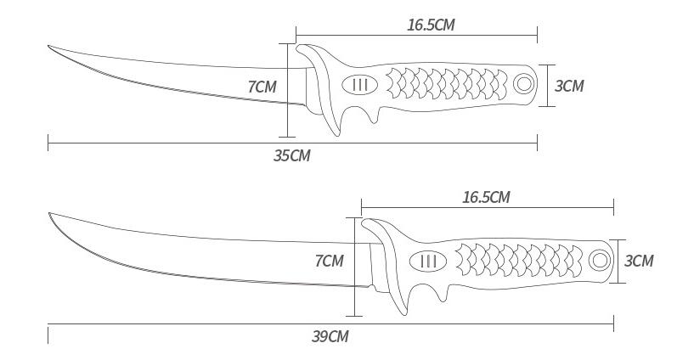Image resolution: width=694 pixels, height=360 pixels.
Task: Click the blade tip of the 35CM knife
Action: coord(48,46)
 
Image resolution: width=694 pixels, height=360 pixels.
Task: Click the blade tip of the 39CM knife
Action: coord(49,213)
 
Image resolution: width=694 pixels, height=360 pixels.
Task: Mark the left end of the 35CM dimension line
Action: coord(48,143)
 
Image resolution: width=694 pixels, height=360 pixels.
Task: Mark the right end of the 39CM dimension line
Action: coord(613,323)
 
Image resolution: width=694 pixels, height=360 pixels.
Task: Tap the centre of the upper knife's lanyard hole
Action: coord(523,83)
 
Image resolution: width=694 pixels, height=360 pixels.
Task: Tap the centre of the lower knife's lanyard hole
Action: coord(599,260)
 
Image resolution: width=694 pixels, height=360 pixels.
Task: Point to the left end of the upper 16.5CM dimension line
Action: coord(296,35)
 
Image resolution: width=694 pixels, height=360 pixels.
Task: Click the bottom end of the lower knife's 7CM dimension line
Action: coord(354,316)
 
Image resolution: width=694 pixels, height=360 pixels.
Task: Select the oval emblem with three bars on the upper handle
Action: coord(360,84)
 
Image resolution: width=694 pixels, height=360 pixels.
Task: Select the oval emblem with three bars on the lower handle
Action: coord(428,261)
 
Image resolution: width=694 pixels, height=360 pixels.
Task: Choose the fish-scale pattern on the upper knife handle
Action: coord(447,83)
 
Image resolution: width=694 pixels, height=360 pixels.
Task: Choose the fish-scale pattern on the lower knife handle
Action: coord(519,260)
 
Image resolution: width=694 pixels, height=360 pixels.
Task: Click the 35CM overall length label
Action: coord(291,155)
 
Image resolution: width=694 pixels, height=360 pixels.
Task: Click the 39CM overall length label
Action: coord(330,336)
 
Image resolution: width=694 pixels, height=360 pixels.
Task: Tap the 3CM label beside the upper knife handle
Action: coord(569,86)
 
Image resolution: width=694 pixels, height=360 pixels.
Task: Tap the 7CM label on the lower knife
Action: coord(330,261)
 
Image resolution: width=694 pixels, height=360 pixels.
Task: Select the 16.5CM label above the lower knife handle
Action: coord(486,197)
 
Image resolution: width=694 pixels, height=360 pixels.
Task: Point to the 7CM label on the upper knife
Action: coord(262,87)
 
